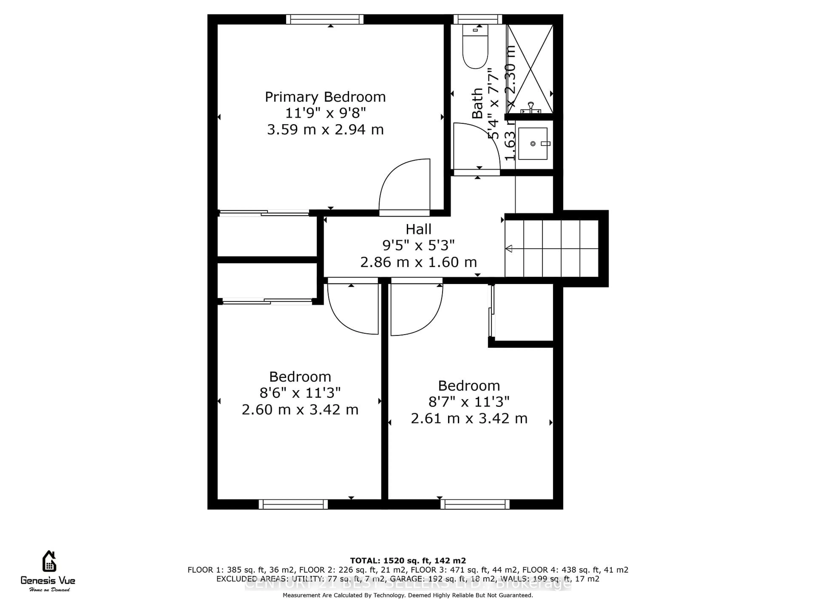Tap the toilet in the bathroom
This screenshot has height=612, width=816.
475,48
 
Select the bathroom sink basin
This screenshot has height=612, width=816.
532,143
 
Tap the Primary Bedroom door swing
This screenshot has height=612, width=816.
406,186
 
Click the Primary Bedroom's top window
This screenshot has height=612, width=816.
325,19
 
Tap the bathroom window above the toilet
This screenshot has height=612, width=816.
478,19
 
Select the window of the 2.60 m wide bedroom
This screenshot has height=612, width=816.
293,504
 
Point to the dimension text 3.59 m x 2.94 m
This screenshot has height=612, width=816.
325,129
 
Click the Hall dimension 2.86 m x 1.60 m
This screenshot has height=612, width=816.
418,262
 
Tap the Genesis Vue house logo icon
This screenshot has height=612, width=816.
49,561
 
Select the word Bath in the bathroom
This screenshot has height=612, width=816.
477,103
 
